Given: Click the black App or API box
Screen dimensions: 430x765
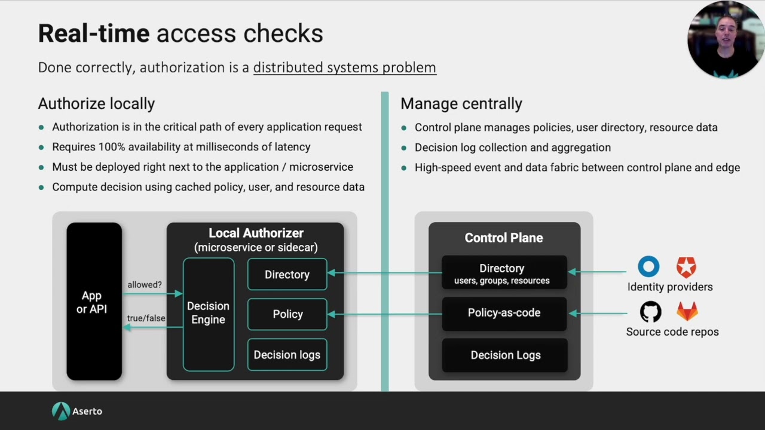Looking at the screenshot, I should [94, 302].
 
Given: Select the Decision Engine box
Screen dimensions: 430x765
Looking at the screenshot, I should [208, 314].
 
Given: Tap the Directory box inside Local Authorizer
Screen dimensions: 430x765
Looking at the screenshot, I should [287, 275].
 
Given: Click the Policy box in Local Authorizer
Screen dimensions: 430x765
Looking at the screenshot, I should [287, 314].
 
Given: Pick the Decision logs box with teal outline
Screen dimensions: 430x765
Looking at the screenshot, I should [287, 355].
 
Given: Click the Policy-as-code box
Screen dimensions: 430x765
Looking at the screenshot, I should [504, 313].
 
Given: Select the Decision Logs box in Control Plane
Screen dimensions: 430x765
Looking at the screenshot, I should [505, 355].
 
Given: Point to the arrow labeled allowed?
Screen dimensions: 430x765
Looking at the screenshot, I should [152, 293].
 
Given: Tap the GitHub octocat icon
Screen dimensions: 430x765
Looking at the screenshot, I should [651, 312].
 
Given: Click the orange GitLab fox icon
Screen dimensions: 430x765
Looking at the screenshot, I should [687, 311].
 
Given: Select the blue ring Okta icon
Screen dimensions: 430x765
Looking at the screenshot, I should [648, 266].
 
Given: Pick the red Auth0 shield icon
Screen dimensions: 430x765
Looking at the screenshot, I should [686, 267].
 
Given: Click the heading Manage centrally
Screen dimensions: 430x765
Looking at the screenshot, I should [461, 103].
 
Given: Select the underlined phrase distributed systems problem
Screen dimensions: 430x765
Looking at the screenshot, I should [344, 67].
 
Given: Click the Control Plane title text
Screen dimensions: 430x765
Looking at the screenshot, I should [504, 238].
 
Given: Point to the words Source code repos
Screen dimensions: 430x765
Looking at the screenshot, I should [672, 331].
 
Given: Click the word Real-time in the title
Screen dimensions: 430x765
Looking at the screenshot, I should [94, 33].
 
